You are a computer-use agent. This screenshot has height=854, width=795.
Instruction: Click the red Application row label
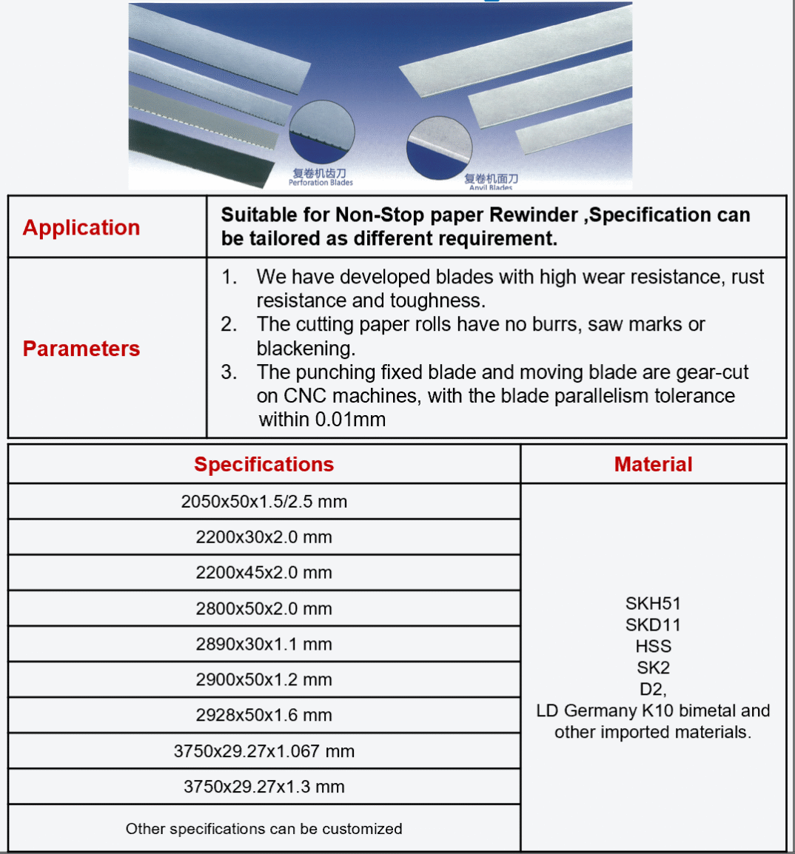point(81,227)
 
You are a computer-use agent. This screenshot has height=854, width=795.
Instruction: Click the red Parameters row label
point(81,349)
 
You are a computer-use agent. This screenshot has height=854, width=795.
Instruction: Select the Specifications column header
point(264,464)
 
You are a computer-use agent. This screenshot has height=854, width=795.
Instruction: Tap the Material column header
point(653,464)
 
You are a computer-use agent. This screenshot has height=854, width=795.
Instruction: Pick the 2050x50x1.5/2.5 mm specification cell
point(264,502)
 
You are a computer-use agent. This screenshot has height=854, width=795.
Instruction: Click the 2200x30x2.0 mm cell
point(264,537)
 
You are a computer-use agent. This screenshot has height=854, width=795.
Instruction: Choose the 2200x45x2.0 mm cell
point(264,573)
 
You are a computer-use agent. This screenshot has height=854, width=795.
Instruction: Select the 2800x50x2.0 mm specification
point(264,608)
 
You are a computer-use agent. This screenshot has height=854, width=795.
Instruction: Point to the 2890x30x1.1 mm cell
point(264,644)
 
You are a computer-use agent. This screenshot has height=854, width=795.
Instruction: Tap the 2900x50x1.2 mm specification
point(264,679)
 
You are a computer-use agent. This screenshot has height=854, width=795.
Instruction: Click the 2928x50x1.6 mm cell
point(264,715)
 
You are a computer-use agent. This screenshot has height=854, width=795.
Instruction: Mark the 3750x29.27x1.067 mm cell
point(264,751)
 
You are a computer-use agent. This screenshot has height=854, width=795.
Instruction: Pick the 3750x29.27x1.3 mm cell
point(264,787)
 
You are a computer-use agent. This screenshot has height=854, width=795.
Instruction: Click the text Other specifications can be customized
point(264,829)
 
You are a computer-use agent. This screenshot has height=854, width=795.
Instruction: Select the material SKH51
point(653,603)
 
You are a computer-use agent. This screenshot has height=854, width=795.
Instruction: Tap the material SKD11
point(653,625)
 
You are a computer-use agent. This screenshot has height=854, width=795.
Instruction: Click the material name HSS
point(653,646)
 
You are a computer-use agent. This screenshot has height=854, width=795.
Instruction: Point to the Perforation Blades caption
point(321,182)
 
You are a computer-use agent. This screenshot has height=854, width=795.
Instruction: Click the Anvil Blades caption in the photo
point(490,187)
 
